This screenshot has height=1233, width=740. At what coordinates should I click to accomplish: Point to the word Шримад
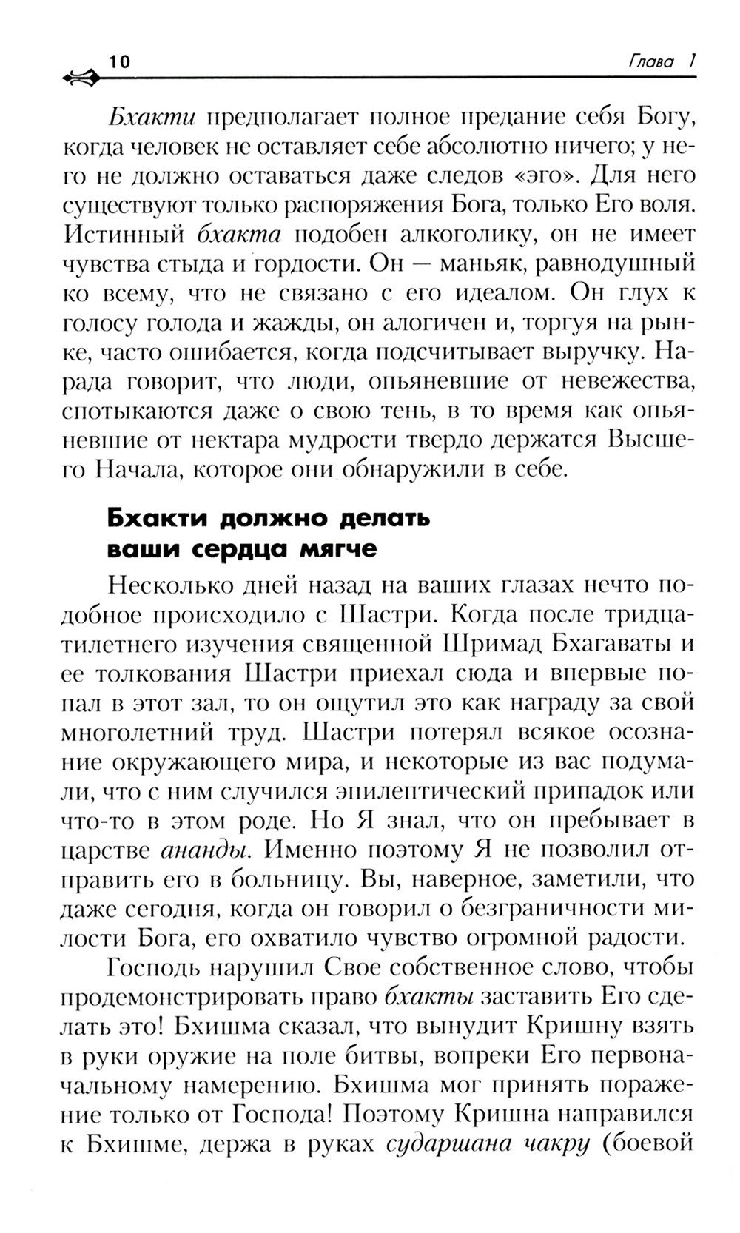(x=489, y=644)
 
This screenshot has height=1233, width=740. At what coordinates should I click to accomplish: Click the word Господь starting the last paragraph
(x=152, y=967)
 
